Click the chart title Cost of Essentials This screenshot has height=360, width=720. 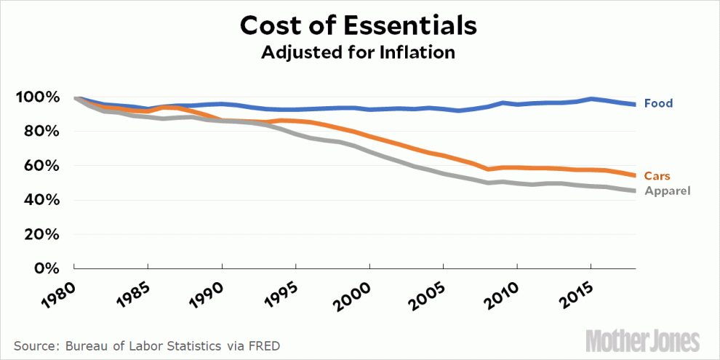coord(359,25)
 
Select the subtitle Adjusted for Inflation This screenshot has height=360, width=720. coord(359,52)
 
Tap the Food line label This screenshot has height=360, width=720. coord(659,103)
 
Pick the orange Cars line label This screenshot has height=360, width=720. coord(657,176)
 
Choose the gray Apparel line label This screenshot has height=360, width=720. coord(667,191)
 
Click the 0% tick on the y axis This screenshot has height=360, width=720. coord(54,268)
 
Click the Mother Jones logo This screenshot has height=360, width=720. coord(644,340)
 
